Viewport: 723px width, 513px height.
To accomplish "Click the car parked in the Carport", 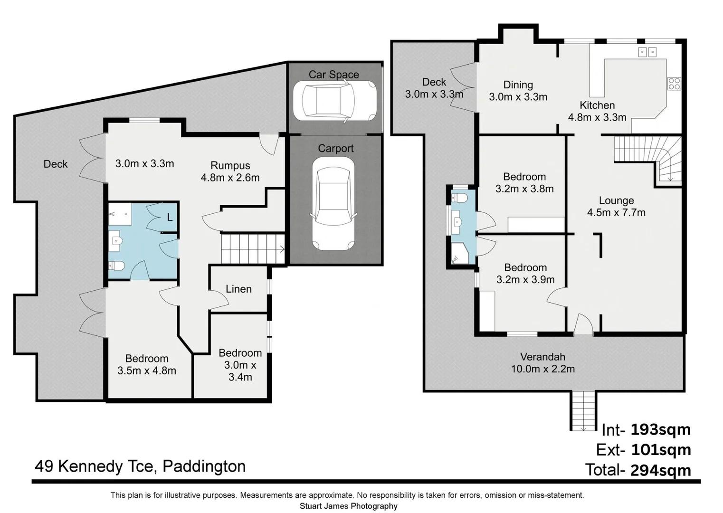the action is pyautogui.click(x=333, y=204).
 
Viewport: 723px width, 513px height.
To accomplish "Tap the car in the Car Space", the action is pyautogui.click(x=335, y=100).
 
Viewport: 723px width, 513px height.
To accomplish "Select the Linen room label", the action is pyautogui.click(x=238, y=289).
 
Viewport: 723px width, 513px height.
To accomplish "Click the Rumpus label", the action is pyautogui.click(x=230, y=165).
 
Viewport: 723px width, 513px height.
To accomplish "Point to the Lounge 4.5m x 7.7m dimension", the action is pyautogui.click(x=616, y=212).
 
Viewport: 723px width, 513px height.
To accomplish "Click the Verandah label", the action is pyautogui.click(x=542, y=357).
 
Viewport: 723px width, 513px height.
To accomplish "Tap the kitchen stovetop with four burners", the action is pyautogui.click(x=674, y=84).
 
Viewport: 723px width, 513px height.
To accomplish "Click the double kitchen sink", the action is pyautogui.click(x=647, y=52).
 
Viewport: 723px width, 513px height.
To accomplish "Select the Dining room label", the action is pyautogui.click(x=518, y=85).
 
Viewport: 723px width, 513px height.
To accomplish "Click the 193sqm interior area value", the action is pyautogui.click(x=660, y=429).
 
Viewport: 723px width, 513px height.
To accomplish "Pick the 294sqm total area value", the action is pyautogui.click(x=660, y=470).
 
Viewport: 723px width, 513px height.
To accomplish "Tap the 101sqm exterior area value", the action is pyautogui.click(x=661, y=450).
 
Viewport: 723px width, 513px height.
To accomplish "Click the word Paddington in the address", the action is pyautogui.click(x=204, y=466).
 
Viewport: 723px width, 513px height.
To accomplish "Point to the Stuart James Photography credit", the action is pyautogui.click(x=349, y=506).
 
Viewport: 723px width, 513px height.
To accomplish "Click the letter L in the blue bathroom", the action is pyautogui.click(x=170, y=218).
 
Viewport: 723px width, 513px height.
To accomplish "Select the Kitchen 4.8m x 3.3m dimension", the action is pyautogui.click(x=597, y=117).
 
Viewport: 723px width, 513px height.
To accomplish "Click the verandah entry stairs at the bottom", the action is pyautogui.click(x=583, y=411).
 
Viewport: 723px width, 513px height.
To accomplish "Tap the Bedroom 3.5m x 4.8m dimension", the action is pyautogui.click(x=147, y=370).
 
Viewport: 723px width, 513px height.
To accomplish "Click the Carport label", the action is pyautogui.click(x=336, y=149).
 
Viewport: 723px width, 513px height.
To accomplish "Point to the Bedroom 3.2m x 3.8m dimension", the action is pyautogui.click(x=524, y=189).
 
